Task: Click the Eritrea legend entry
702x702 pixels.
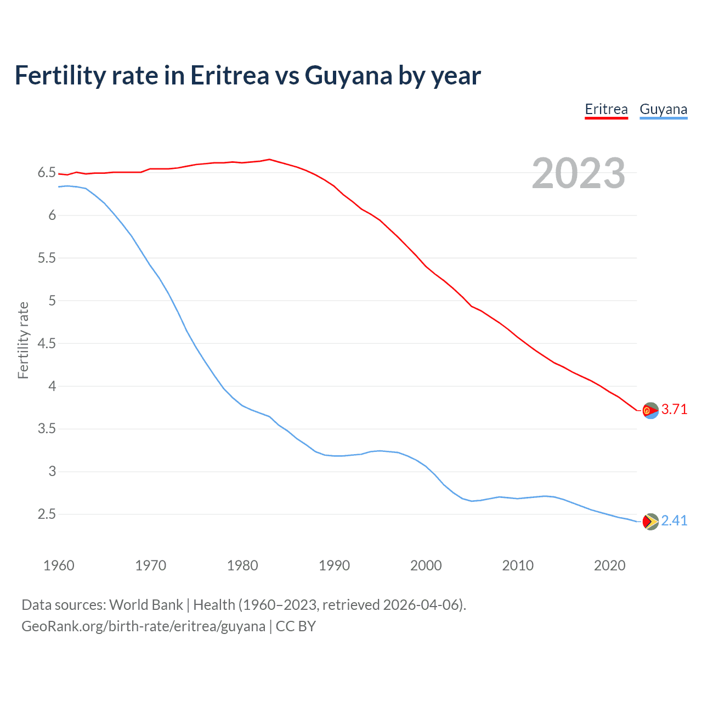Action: click(x=606, y=109)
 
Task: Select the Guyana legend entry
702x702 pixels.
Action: click(x=663, y=109)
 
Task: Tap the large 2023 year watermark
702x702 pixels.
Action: click(x=579, y=173)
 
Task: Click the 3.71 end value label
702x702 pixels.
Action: click(x=674, y=409)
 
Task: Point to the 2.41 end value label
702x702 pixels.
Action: click(x=674, y=520)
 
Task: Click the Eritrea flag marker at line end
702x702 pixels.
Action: click(x=650, y=410)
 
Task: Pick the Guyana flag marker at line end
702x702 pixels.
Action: click(x=650, y=521)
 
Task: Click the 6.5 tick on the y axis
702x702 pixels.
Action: click(x=47, y=173)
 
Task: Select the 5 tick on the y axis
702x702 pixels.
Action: click(x=52, y=301)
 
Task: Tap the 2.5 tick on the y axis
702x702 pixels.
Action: click(x=47, y=514)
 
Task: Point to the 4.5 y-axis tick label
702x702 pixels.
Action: click(x=47, y=343)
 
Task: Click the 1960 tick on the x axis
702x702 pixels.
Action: click(x=59, y=565)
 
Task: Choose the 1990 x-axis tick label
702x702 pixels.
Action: click(x=334, y=565)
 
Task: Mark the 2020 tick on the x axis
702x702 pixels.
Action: click(x=609, y=565)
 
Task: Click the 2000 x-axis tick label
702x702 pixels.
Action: click(x=426, y=565)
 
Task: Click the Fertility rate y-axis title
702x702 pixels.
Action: click(x=23, y=340)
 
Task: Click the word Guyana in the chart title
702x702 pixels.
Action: click(x=348, y=76)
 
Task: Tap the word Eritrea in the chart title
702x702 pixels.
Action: click(x=229, y=76)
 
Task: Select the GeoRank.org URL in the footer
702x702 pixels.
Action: click(x=143, y=626)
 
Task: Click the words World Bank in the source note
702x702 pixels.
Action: click(x=146, y=605)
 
